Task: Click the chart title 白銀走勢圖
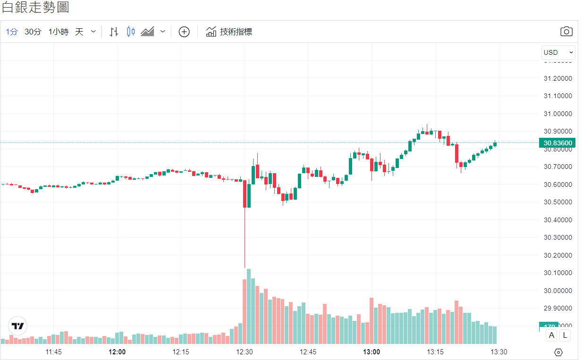[x=35, y=8]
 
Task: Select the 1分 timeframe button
[x=12, y=32]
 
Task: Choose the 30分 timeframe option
[x=33, y=32]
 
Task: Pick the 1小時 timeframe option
[x=58, y=32]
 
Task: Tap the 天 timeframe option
[x=79, y=32]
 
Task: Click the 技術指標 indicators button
[x=229, y=32]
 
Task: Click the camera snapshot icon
[x=566, y=32]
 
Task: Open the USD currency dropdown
[x=558, y=52]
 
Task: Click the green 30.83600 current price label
[x=558, y=143]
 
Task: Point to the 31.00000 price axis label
[x=558, y=114]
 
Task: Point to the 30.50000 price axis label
[x=558, y=202]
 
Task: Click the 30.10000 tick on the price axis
[x=558, y=273]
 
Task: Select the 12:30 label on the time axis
[x=245, y=352]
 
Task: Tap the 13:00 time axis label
[x=372, y=352]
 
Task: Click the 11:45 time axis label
[x=54, y=352]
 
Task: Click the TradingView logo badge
[x=18, y=326]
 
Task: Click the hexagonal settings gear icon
[x=558, y=352]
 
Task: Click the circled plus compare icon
[x=184, y=32]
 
